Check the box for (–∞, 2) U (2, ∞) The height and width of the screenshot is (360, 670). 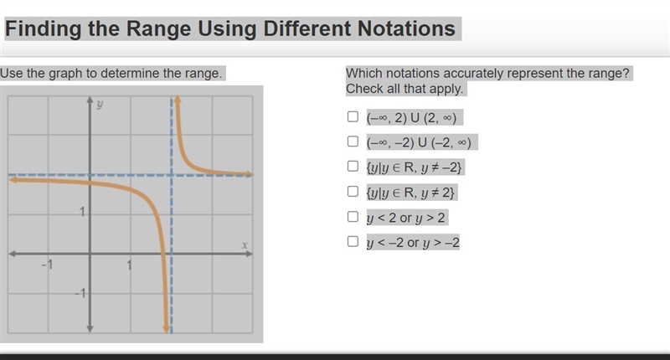click(x=353, y=116)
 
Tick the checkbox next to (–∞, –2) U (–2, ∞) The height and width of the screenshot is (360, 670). click(x=353, y=141)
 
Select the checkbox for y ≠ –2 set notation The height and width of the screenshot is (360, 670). click(x=353, y=166)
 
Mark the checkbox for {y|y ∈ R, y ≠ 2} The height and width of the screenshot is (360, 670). click(x=353, y=192)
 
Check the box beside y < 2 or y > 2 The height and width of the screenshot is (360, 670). click(x=353, y=217)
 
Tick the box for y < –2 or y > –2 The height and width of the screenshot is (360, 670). click(x=353, y=241)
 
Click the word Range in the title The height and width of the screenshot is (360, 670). click(x=158, y=29)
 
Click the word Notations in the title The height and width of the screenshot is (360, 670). click(x=406, y=28)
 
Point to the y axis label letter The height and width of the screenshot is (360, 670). click(x=100, y=104)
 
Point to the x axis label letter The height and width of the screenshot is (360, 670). click(x=245, y=245)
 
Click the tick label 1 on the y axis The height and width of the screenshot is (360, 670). click(x=82, y=211)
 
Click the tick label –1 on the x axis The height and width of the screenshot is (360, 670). click(x=47, y=265)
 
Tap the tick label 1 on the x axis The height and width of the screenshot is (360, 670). click(x=129, y=265)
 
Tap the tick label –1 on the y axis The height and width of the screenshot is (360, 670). click(x=80, y=293)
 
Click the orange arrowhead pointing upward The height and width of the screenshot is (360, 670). click(x=178, y=99)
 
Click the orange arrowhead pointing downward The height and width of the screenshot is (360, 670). click(x=166, y=329)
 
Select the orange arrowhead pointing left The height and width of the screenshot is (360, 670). click(x=13, y=180)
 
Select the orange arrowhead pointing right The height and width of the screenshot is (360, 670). click(x=249, y=174)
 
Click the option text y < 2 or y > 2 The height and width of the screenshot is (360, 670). click(x=406, y=218)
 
